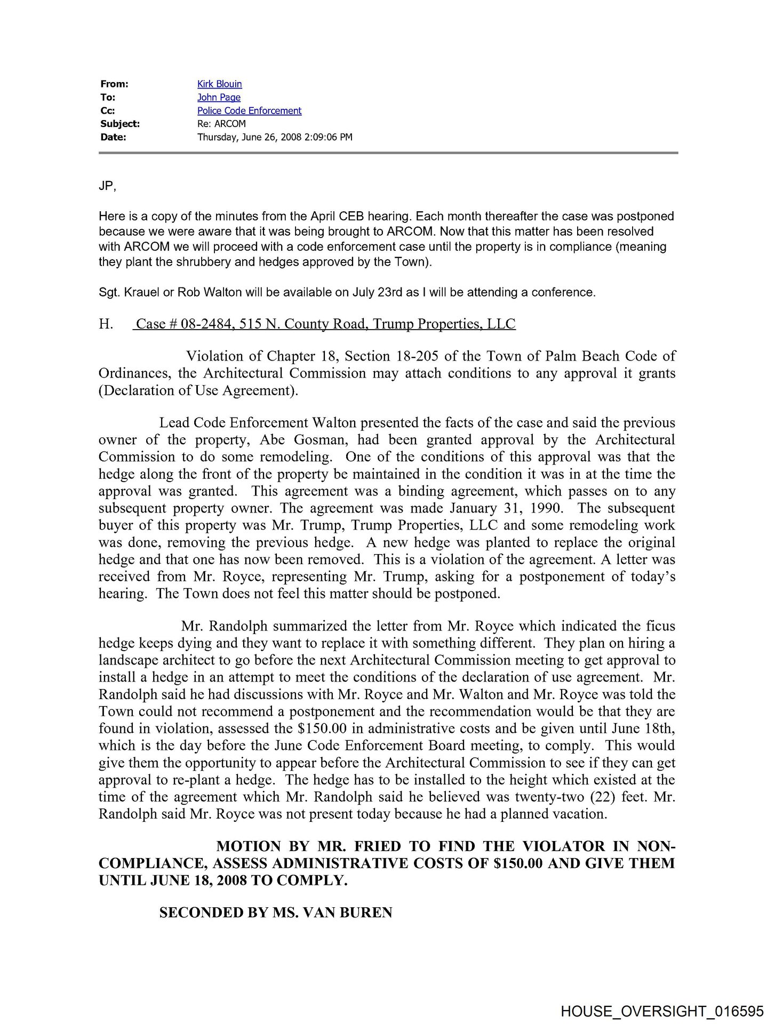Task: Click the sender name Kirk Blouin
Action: point(219,84)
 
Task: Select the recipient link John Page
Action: point(219,98)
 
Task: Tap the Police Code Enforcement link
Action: point(249,111)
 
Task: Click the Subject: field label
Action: point(120,124)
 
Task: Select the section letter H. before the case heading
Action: point(106,324)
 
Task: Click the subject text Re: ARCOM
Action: point(221,124)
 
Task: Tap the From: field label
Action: point(114,84)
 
